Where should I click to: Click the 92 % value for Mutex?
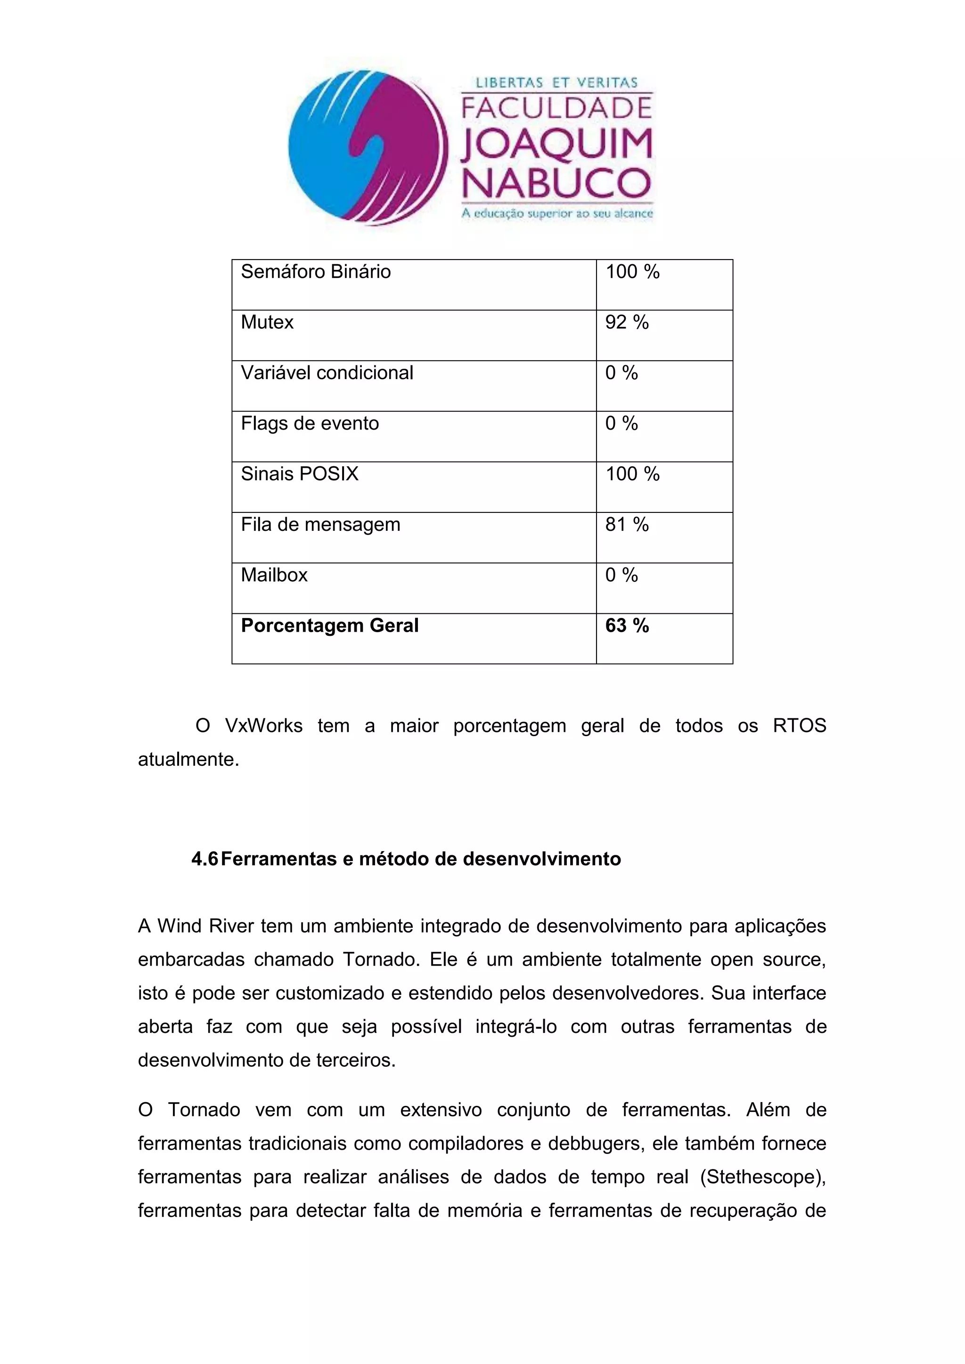point(626,323)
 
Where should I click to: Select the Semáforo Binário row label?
point(316,272)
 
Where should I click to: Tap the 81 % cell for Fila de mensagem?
point(626,525)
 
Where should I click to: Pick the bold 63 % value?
point(626,625)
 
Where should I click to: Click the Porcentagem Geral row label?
point(329,625)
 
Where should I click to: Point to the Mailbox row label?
point(274,575)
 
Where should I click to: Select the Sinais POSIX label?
point(300,474)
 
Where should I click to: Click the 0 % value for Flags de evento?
point(621,423)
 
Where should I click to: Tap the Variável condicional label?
point(327,373)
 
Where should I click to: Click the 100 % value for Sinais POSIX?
point(632,474)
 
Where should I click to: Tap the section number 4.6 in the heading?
point(204,859)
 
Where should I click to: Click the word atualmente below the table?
point(188,759)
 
